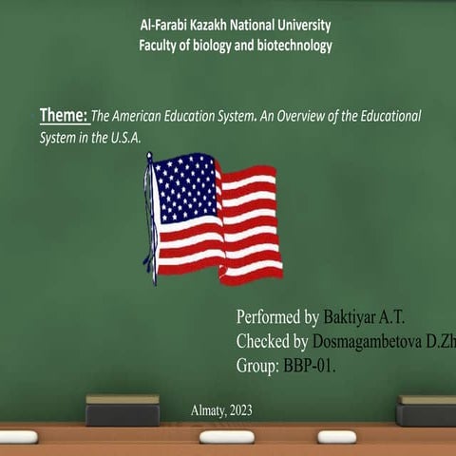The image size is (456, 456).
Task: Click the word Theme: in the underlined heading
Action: [64, 116]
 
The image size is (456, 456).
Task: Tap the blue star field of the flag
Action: [186, 187]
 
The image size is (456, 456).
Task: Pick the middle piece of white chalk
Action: [218, 437]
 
